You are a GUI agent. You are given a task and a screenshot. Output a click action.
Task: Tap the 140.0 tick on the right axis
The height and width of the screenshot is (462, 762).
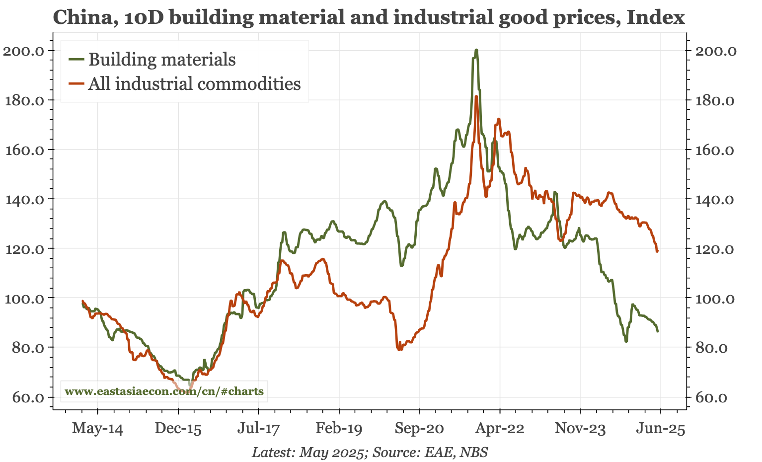point(714,199)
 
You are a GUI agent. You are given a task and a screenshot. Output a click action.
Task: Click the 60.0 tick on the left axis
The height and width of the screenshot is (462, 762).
point(27,397)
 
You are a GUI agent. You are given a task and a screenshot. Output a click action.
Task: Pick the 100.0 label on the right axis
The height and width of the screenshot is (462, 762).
point(714,298)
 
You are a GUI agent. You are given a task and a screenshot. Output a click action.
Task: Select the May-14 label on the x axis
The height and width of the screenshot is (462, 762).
point(97,429)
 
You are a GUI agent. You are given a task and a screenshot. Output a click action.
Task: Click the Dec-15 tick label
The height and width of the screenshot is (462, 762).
point(178,429)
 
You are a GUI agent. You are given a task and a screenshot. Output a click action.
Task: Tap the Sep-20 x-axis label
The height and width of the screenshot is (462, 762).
point(419,429)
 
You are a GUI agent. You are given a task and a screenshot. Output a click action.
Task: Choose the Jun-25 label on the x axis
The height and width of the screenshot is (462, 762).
point(661,429)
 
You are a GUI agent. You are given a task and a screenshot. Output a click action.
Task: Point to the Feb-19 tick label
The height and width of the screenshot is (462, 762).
point(339,429)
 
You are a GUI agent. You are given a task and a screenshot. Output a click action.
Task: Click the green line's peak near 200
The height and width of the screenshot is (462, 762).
point(476,50)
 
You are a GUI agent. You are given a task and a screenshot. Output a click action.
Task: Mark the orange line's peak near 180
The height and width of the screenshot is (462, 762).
point(476,96)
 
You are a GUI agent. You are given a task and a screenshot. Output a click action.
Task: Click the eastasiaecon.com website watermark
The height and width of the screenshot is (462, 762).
point(164,391)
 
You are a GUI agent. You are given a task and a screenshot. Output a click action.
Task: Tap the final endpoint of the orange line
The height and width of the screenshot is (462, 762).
point(657,251)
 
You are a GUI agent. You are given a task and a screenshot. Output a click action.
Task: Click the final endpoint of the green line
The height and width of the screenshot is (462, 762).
point(658,331)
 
